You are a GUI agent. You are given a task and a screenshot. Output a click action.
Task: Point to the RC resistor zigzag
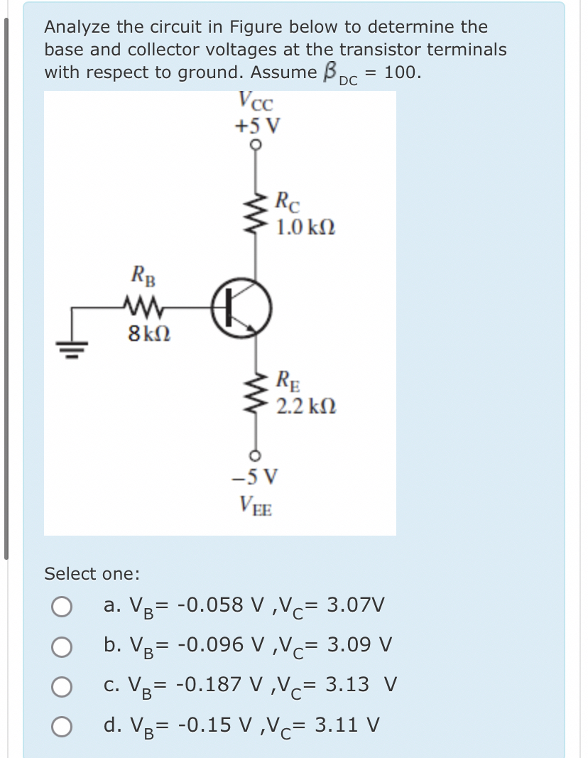[256, 210]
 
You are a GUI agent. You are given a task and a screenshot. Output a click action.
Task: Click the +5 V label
[256, 126]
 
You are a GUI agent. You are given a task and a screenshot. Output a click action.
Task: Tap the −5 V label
[256, 475]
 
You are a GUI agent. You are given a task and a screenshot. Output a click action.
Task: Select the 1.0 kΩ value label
[306, 229]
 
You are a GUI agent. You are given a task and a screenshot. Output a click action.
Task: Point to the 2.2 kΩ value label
[306, 407]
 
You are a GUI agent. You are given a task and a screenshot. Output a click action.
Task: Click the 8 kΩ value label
[148, 332]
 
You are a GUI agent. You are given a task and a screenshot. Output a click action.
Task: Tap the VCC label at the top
[256, 102]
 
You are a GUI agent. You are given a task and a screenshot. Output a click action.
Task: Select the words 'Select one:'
[92, 573]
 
